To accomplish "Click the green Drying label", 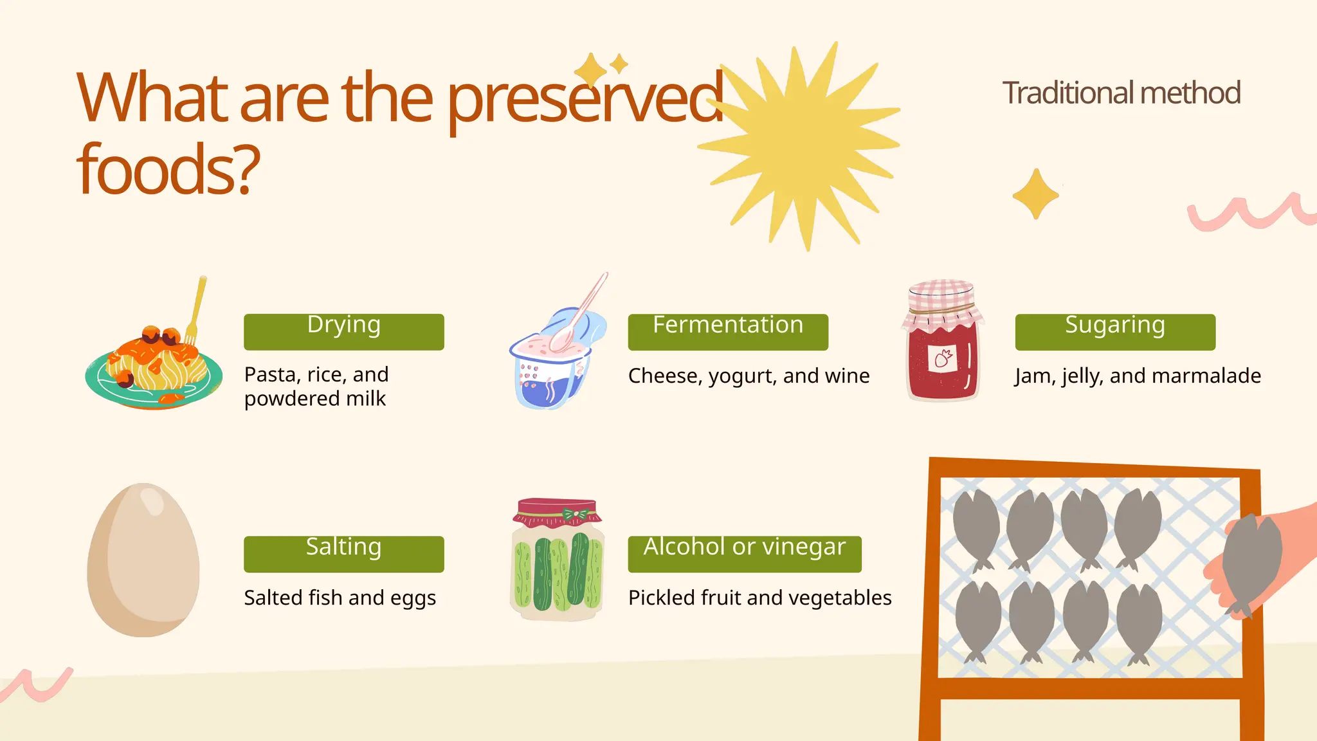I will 343,332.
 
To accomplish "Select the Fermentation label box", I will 727,332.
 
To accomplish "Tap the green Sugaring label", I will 1114,332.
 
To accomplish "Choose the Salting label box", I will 343,554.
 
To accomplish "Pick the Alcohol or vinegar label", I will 744,554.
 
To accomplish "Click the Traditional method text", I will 1121,93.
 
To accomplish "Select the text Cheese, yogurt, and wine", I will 749,376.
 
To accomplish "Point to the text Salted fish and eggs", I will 340,598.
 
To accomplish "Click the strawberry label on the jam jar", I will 943,358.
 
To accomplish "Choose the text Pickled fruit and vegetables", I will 759,598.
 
